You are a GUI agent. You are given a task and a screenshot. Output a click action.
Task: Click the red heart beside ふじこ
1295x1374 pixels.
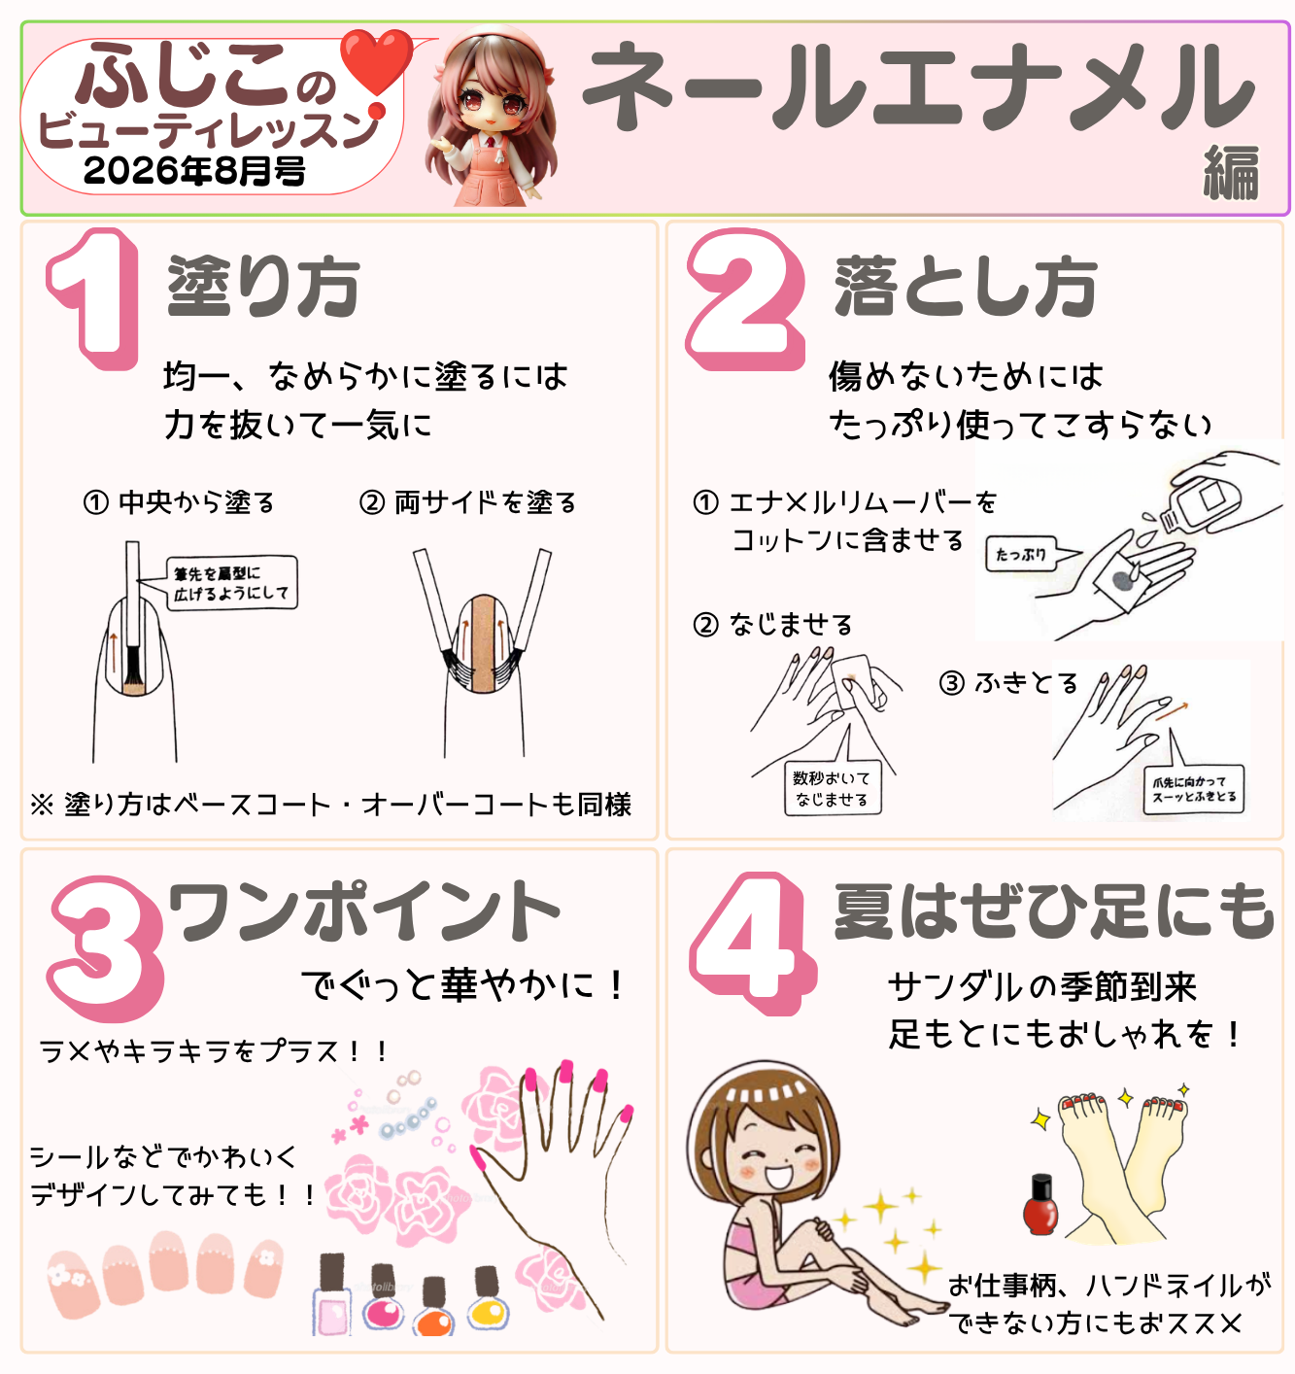376,62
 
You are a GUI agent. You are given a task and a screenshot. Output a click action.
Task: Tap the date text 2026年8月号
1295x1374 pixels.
194,170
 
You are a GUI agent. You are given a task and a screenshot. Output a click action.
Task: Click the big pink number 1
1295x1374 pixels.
92,299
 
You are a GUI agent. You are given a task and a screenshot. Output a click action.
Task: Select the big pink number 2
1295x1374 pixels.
745,299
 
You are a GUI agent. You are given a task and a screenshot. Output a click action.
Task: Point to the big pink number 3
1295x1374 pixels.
105,947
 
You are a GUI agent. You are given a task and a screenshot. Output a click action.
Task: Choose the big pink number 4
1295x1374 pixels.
752,943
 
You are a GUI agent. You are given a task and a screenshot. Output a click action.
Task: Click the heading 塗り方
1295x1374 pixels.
263,286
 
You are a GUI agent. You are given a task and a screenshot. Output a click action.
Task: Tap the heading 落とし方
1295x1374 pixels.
966,286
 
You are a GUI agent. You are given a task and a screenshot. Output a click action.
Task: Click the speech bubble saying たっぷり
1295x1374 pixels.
1022,553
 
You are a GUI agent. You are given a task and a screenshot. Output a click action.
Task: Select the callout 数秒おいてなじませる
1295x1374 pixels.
833,788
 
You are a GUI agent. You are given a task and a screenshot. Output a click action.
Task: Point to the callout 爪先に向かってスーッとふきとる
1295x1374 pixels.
1193,788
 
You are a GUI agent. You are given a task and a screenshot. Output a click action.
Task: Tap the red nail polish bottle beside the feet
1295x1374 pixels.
1040,1205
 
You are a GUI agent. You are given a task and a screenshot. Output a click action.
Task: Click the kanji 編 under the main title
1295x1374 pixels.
1231,173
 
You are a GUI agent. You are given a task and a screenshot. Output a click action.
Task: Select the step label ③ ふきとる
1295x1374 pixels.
1007,683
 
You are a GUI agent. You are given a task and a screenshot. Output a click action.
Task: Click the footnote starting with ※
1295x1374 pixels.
330,805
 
